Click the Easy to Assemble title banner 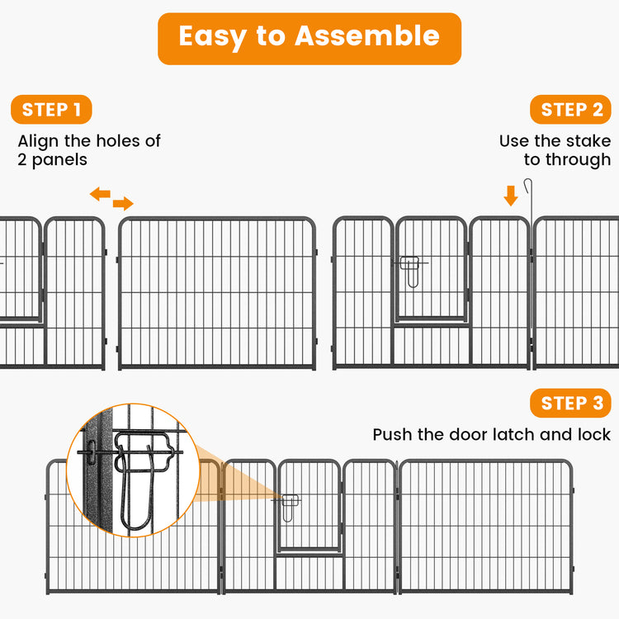click(309, 38)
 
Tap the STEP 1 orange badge click(51, 110)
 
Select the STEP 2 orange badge click(572, 110)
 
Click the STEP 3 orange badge click(572, 403)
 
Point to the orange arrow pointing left click(100, 194)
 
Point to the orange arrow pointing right click(123, 204)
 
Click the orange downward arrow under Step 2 click(511, 196)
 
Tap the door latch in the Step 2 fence click(409, 269)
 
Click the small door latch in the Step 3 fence click(289, 506)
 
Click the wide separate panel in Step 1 click(217, 293)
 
